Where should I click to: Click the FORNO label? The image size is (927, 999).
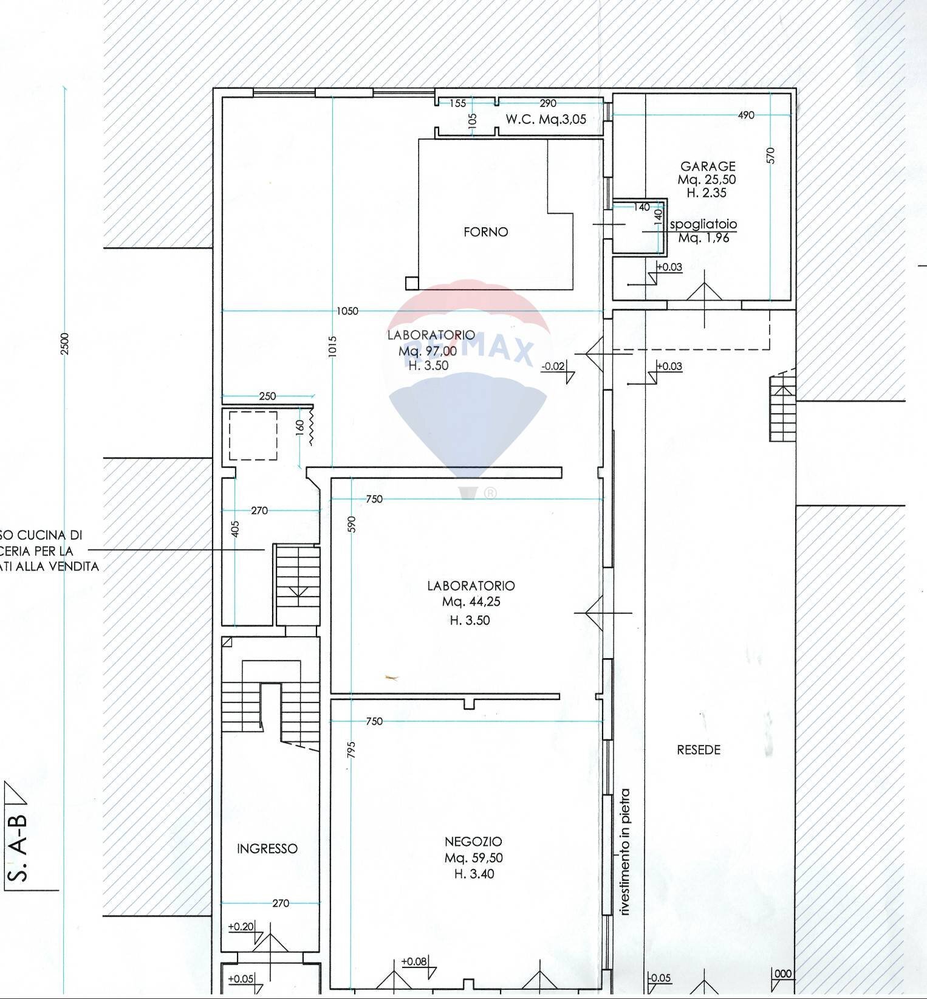point(485,232)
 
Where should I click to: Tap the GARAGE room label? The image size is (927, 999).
point(708,166)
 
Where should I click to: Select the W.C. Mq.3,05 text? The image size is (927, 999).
point(546,119)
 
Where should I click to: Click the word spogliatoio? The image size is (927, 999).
point(703,224)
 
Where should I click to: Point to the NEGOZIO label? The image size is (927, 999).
point(473,842)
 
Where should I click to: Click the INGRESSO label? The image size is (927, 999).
point(267,848)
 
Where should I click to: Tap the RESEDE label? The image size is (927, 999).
point(698,750)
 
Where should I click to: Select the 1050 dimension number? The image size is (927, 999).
point(347,311)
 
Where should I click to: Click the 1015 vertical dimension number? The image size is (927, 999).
point(332,346)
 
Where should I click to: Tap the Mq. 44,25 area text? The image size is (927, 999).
point(471,602)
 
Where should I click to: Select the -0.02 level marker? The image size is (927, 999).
point(553,366)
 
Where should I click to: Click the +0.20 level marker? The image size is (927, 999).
point(241,927)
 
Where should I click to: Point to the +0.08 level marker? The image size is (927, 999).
point(414,961)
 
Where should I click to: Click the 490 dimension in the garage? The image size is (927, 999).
point(745,115)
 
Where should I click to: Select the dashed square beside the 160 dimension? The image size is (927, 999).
point(253,436)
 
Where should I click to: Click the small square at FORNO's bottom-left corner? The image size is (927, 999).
point(412,283)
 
